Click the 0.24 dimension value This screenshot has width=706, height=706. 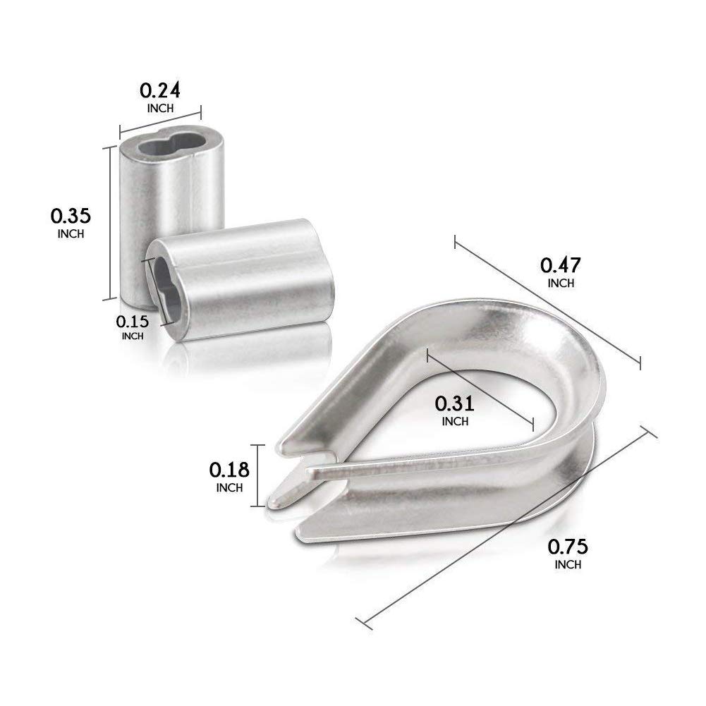160,90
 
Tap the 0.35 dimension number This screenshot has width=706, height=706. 71,216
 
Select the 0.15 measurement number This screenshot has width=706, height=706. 132,322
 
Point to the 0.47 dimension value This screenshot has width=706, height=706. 561,265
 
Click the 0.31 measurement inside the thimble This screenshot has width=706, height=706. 455,404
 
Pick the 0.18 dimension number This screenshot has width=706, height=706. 229,470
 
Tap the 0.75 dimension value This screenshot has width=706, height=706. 568,547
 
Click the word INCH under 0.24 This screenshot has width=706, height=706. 160,109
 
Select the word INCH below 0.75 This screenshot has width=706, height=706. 568,565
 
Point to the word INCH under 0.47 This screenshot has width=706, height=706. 561,284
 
